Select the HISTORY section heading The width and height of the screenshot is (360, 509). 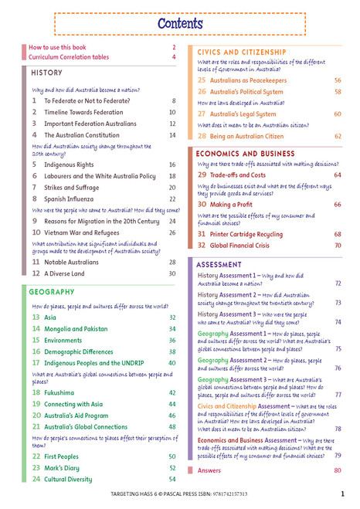click(48, 72)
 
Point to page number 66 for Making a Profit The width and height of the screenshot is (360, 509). click(338, 205)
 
